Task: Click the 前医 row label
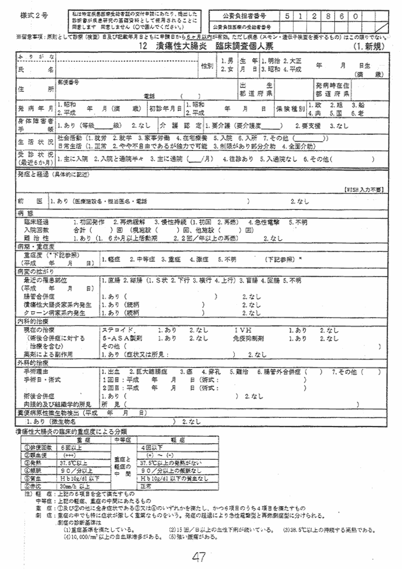pyautogui.click(x=26, y=201)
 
